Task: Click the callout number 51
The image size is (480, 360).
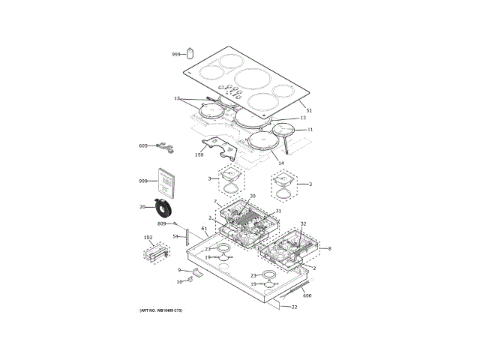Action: click(x=308, y=111)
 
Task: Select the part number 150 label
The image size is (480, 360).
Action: click(x=199, y=154)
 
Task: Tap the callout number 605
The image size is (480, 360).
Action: click(x=143, y=145)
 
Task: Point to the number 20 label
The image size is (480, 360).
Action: click(x=142, y=207)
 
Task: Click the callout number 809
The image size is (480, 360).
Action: click(x=161, y=223)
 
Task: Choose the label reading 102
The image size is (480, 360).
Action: click(x=148, y=238)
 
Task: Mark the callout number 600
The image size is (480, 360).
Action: click(x=307, y=295)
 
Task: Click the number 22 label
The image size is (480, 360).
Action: click(x=294, y=307)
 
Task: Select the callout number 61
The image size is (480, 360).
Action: click(x=203, y=228)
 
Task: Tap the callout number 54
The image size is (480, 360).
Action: click(x=175, y=236)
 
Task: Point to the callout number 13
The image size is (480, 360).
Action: click(x=303, y=118)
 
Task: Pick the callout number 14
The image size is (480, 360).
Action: click(x=281, y=163)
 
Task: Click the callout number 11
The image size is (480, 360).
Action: click(x=310, y=130)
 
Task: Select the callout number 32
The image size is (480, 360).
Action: click(x=303, y=223)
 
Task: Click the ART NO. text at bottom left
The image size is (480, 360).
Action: click(x=160, y=310)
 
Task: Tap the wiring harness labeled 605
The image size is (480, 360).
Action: click(x=165, y=147)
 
